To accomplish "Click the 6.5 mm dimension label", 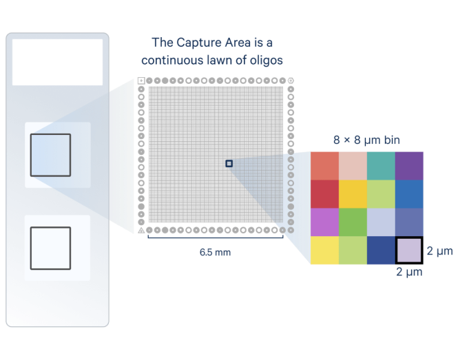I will point(215,253).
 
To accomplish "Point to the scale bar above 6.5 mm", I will point(215,239).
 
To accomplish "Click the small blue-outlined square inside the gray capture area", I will point(229,163).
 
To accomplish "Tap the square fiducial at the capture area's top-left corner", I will point(141,81).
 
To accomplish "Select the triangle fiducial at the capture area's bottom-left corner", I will point(141,230).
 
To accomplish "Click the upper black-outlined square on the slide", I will point(50,154).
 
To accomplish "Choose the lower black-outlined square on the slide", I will point(50,248).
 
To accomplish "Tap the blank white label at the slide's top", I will point(57,62).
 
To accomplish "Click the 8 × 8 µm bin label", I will point(368,140).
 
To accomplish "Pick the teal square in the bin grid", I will point(381,165).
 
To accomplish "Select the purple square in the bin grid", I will point(410,165).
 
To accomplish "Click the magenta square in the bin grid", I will point(324,222).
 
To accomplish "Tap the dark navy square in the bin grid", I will point(381,251).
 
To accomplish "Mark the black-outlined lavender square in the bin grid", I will point(410,251).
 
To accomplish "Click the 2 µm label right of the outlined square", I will point(440,251).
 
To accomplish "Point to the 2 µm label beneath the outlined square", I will point(409,273).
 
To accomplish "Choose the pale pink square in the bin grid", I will point(353,165).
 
